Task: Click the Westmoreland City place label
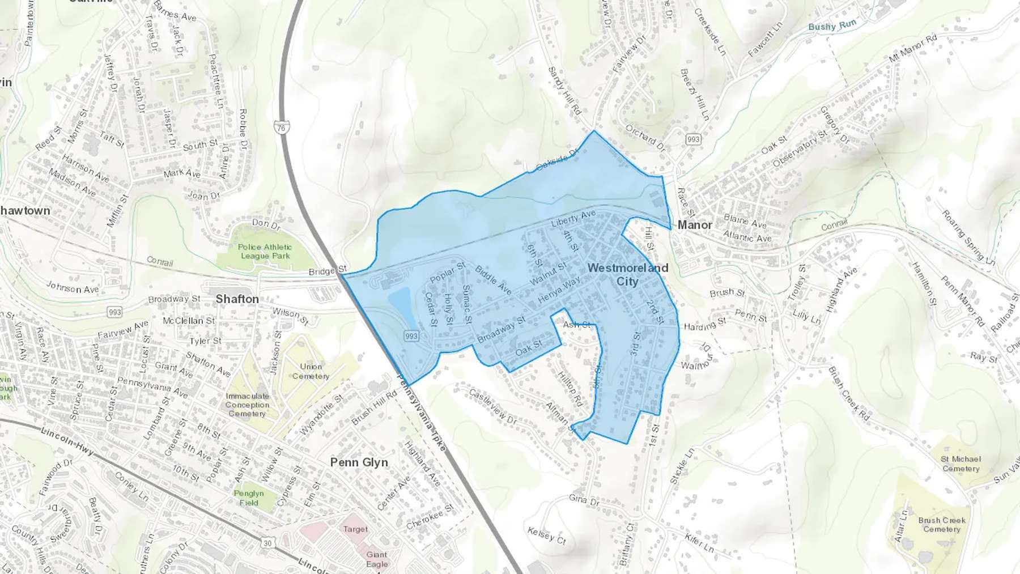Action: click(628, 274)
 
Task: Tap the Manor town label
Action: click(695, 225)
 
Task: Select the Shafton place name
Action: click(237, 299)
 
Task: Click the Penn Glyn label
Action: click(359, 462)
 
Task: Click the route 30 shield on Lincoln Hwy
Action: click(267, 543)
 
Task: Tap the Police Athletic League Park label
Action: click(265, 251)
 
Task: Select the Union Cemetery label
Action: click(311, 371)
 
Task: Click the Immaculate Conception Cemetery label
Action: click(247, 405)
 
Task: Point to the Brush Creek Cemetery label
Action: click(941, 524)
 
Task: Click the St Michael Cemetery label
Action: click(960, 464)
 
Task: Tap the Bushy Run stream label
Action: click(832, 25)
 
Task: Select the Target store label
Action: click(355, 529)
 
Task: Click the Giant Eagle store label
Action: click(377, 559)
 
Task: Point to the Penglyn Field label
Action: click(249, 498)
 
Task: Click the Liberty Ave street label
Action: click(573, 218)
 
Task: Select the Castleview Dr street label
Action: click(492, 407)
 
